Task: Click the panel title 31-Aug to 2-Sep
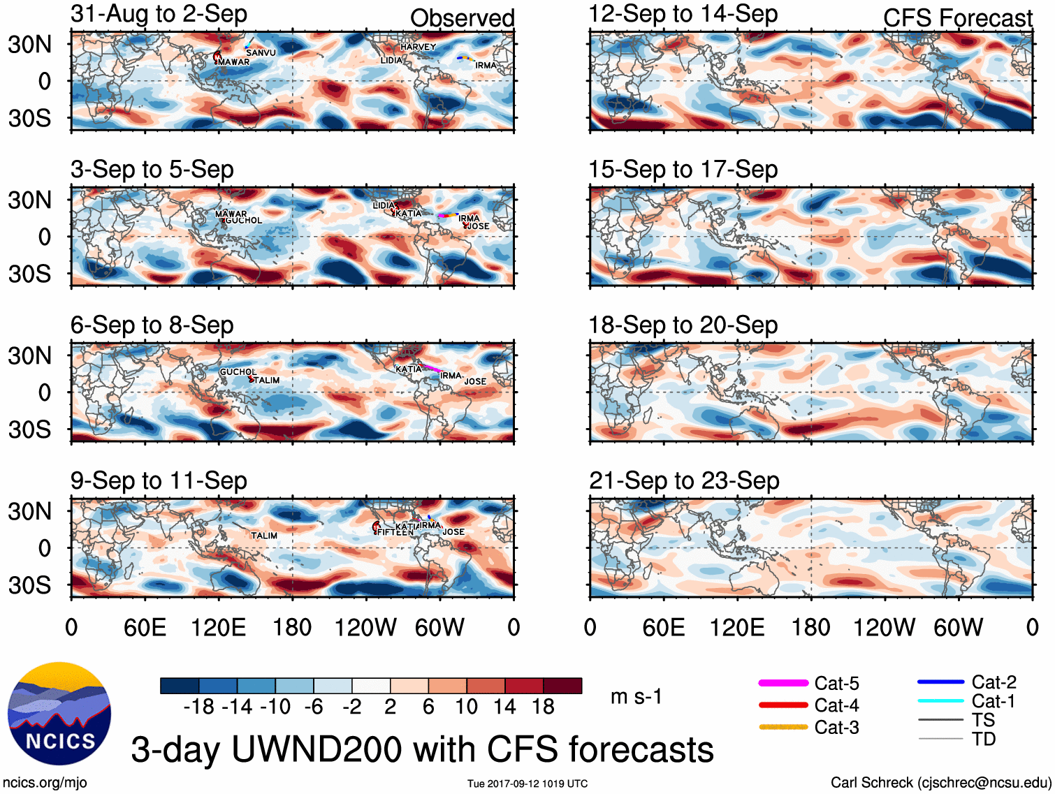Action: coord(159,15)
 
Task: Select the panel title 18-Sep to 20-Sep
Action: coord(683,325)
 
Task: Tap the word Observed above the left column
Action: coord(462,18)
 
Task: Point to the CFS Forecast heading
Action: coord(957,18)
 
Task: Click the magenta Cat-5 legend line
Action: coord(783,683)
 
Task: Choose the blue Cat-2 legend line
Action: coord(940,682)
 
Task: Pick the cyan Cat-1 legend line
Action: coord(940,700)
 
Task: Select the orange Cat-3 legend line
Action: coord(783,727)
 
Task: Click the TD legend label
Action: coord(984,739)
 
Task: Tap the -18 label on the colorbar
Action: coord(199,707)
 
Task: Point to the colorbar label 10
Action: coord(467,707)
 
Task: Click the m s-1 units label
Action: coord(636,696)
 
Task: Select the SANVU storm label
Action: coord(261,52)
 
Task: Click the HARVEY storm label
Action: coord(418,47)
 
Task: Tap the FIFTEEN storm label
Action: coord(395,532)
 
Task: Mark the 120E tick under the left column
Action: coord(219,627)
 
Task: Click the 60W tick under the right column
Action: coord(958,627)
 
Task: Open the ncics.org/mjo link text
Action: coord(45,783)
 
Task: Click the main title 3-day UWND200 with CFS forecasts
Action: coord(422,749)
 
